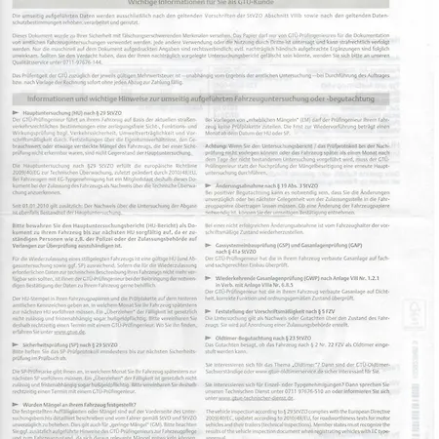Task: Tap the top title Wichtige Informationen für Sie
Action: coord(205,5)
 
